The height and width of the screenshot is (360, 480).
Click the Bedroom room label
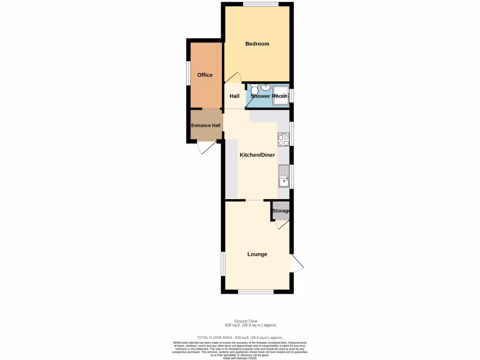(x=257, y=44)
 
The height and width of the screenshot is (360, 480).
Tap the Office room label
(x=205, y=75)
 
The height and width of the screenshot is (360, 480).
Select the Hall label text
(x=234, y=97)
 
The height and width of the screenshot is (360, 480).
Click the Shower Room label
(x=269, y=96)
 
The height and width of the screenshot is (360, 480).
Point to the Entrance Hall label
(x=206, y=126)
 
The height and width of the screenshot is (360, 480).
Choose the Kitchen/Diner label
(x=257, y=155)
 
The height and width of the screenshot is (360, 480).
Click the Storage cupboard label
(x=281, y=211)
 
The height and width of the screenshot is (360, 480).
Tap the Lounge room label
(x=257, y=255)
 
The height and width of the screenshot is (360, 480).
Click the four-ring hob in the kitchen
(x=284, y=139)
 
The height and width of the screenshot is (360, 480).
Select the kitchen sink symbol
(x=284, y=177)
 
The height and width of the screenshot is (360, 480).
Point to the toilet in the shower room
(x=254, y=89)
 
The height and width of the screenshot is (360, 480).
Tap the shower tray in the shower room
(x=282, y=94)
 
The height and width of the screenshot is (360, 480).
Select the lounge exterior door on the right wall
(x=297, y=263)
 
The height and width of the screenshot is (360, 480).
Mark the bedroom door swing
(x=233, y=77)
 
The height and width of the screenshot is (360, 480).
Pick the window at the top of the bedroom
(x=261, y=5)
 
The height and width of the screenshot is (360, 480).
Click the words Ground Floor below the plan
(x=250, y=321)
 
